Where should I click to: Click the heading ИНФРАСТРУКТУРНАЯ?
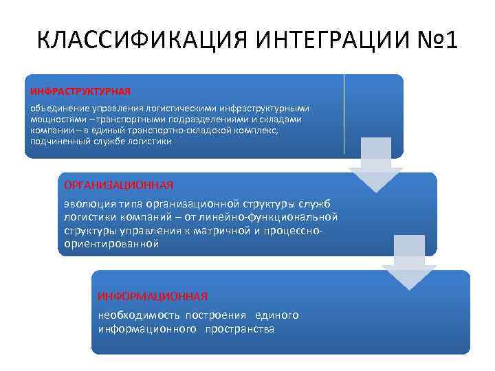point(80,91)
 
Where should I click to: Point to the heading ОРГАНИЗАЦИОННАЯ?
point(118,185)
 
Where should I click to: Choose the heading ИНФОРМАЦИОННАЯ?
point(153,296)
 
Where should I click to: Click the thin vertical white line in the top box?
point(344,114)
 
